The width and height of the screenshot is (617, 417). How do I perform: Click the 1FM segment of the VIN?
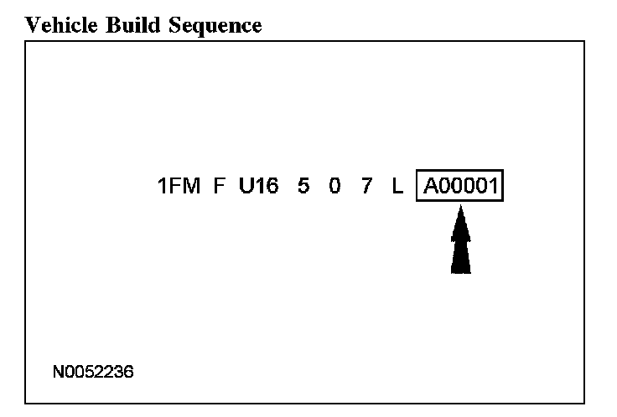tap(179, 186)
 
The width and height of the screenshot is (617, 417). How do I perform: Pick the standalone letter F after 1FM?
tap(220, 186)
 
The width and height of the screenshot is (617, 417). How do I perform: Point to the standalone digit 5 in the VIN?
tap(303, 186)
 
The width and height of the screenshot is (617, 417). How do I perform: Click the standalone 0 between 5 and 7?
tap(334, 186)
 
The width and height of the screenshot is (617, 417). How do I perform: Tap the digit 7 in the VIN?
tap(366, 186)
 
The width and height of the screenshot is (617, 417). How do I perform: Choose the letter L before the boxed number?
tap(397, 186)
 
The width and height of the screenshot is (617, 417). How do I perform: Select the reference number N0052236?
tap(91, 370)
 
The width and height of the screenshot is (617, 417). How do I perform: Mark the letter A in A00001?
tap(430, 186)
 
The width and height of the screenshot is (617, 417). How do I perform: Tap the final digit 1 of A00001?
tap(494, 186)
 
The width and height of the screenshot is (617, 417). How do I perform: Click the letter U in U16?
tap(246, 186)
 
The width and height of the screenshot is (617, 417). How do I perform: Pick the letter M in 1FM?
tap(191, 186)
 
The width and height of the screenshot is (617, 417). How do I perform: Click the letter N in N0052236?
tap(57, 370)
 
